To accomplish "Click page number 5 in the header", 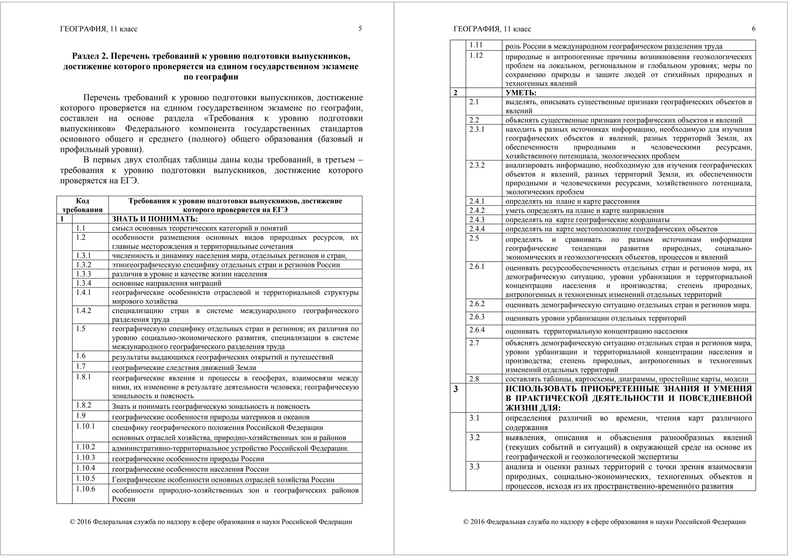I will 360,28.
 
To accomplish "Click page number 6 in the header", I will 753,28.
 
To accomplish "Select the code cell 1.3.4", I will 83,283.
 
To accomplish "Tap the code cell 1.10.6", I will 85,489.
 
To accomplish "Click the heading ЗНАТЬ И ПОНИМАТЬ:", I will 155,219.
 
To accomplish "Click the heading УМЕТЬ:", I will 521,93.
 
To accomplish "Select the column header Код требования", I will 82,205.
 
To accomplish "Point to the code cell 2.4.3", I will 477,220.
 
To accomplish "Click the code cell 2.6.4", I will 477,330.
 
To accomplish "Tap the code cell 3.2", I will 474,437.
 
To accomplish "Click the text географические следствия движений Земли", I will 184,367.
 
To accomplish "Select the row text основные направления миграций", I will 167,284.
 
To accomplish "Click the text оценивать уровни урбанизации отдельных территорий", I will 596,318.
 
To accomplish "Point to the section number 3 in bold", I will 456,389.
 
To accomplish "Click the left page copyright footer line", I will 211,522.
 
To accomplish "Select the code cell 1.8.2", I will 83,405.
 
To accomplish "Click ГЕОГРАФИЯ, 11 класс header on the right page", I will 492,29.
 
